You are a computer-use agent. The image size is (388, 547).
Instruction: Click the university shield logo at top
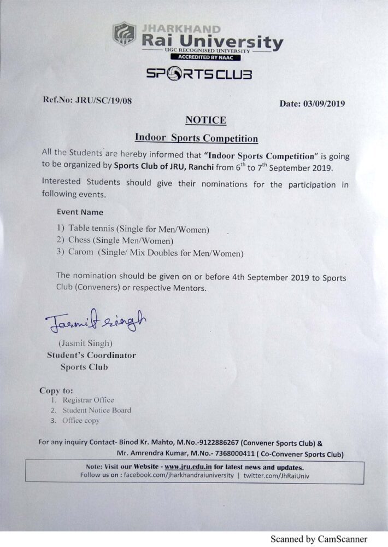[124, 33]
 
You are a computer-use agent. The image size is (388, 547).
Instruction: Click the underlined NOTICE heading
[205, 120]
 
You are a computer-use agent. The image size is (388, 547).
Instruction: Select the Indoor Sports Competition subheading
[196, 138]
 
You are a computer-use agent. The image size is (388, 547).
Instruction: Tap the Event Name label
[80, 212]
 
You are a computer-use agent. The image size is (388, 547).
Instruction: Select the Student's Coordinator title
[91, 355]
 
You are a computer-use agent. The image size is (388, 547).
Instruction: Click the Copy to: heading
[56, 391]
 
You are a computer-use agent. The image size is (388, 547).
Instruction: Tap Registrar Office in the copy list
[88, 400]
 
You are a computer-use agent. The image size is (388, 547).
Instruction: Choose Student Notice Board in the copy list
[97, 410]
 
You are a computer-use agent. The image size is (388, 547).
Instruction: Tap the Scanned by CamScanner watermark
[319, 539]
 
